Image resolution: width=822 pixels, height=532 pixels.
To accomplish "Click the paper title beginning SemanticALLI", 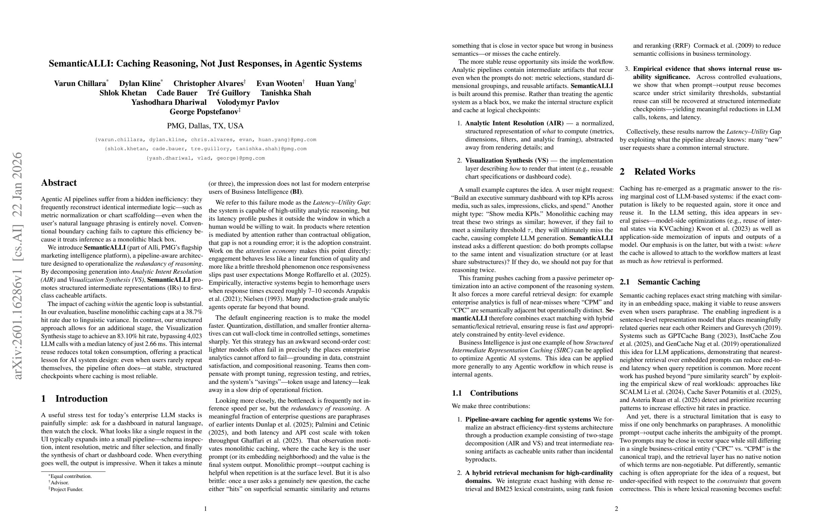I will pos(205,63).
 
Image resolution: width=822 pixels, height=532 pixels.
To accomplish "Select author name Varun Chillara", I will pos(80,84).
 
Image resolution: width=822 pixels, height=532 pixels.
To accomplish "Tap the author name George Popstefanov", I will pos(204,112).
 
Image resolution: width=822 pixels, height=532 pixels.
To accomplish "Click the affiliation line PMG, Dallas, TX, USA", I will pos(205,126).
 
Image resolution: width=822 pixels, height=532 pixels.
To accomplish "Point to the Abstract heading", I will pos(59,183).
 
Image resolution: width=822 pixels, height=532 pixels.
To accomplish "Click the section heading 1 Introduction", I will pos(74,399).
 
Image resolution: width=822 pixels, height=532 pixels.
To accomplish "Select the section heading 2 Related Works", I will pos(657,172).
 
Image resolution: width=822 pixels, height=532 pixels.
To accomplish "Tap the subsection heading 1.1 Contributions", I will pos(485,393).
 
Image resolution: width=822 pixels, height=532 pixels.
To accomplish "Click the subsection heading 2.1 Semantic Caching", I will pos(660,282).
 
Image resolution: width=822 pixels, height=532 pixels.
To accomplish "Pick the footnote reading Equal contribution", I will pos(71,476).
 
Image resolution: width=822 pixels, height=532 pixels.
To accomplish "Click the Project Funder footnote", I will pos(67,489).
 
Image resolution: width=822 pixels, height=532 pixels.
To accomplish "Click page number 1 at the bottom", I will pos(205,508).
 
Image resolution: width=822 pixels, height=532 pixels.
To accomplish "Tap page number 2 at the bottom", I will pos(616,508).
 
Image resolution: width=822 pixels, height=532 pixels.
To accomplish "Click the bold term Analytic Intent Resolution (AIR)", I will pos(514,123).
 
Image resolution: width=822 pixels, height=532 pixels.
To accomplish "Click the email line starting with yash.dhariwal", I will pos(205,158).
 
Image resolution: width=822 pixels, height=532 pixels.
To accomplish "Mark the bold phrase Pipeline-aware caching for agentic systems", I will pos(528,419).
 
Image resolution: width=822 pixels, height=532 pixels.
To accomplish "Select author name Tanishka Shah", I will pos(286,93).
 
